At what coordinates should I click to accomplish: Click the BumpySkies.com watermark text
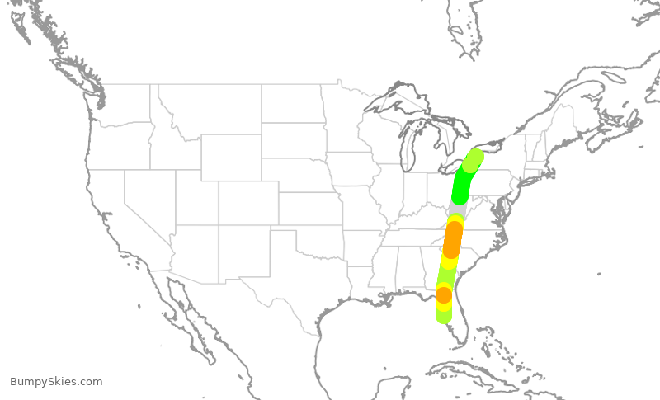[56, 382]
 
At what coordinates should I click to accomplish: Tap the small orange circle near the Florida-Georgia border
[444, 294]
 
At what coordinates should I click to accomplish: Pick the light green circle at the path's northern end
[472, 160]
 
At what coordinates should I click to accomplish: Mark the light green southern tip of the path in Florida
[443, 315]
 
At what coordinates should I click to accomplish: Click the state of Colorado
[247, 202]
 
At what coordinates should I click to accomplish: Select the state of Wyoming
[231, 157]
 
